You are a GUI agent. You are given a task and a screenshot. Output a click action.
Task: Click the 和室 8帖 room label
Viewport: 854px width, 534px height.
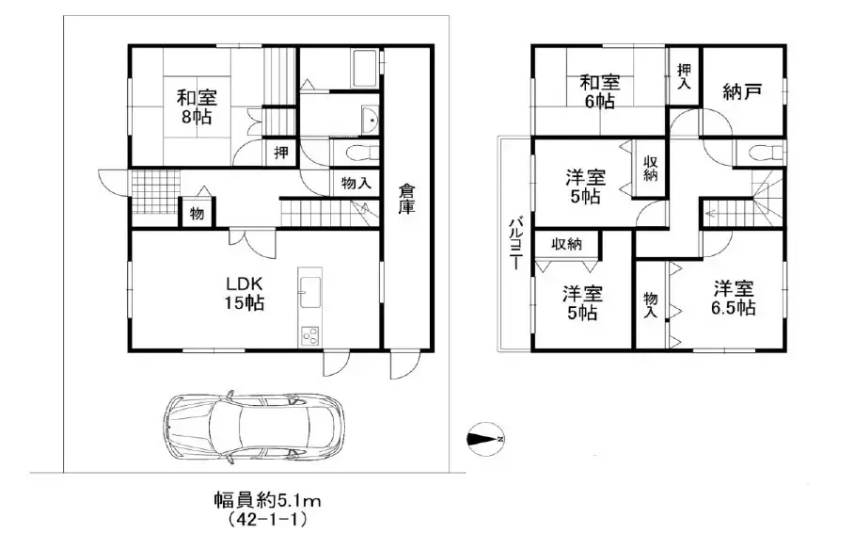click(197, 107)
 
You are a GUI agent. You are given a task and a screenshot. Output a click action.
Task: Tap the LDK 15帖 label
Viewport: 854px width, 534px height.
click(245, 293)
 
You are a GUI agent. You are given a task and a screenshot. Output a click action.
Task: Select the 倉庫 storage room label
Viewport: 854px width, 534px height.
click(406, 199)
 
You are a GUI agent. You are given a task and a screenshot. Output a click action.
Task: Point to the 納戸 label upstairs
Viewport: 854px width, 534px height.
click(741, 91)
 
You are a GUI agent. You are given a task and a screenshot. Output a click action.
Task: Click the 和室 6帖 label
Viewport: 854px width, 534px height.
click(600, 91)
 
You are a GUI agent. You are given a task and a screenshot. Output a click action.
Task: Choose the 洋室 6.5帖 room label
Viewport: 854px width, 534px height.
click(733, 298)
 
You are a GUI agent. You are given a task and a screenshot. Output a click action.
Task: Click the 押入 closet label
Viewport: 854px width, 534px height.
click(684, 76)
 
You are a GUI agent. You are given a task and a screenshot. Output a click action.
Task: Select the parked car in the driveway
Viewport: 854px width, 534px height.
click(255, 427)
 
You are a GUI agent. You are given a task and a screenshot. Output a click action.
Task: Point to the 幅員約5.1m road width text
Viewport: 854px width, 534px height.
click(267, 500)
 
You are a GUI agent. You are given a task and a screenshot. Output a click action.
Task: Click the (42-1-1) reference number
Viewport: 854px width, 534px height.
click(267, 519)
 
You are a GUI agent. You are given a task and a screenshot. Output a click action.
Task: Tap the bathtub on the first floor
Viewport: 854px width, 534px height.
click(366, 69)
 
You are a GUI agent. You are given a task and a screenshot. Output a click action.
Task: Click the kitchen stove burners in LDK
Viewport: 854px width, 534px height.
click(309, 336)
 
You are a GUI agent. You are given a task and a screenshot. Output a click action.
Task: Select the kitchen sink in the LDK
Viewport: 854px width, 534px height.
click(309, 292)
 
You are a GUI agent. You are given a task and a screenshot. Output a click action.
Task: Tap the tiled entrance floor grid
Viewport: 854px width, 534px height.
click(156, 191)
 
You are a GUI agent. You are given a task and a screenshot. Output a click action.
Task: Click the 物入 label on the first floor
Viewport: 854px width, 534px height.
click(356, 184)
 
